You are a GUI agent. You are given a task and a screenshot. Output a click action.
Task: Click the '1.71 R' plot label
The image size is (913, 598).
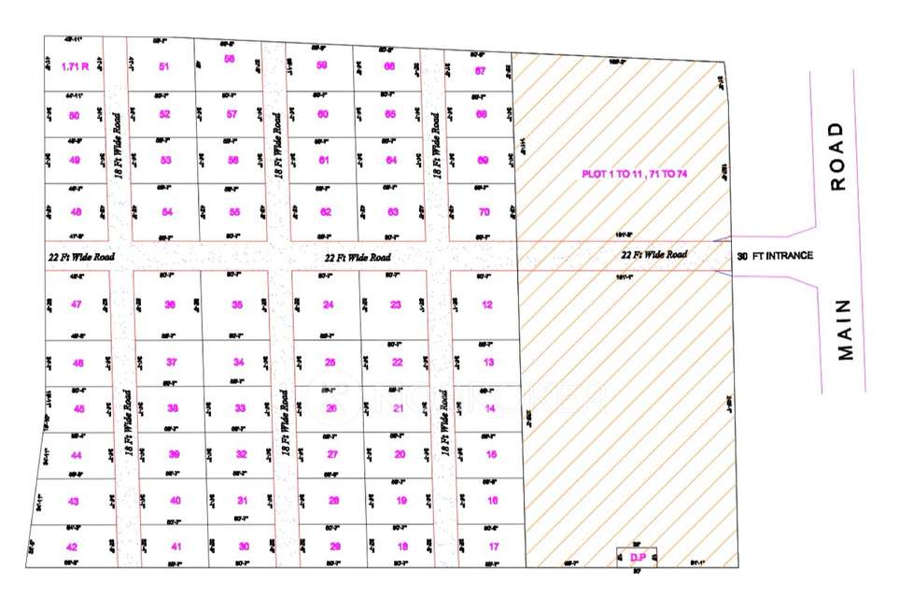click(x=74, y=66)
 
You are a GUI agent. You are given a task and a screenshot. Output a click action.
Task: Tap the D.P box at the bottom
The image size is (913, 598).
click(x=639, y=557)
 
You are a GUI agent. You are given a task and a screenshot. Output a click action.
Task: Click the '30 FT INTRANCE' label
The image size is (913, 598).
click(x=775, y=255)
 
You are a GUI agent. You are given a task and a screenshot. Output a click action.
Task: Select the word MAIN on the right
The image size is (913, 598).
click(x=845, y=329)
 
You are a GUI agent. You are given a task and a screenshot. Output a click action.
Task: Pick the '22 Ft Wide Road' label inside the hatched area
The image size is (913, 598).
click(x=654, y=254)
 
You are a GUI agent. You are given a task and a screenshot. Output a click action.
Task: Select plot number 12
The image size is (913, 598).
click(x=487, y=305)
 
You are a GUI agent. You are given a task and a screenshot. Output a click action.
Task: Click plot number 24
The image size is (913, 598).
click(x=329, y=305)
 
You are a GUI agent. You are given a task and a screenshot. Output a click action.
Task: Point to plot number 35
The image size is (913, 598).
click(x=238, y=305)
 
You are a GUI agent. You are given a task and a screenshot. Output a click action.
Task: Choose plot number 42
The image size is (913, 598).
click(x=72, y=547)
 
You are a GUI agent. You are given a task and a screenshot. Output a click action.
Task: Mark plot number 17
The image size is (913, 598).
click(x=493, y=547)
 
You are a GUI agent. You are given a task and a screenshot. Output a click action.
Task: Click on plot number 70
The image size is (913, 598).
click(x=484, y=211)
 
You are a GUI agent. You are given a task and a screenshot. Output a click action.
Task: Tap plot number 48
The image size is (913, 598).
click(x=76, y=211)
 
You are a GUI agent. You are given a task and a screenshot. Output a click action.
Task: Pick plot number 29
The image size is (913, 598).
click(x=336, y=547)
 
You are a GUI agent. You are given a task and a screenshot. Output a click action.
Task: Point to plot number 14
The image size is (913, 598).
click(x=490, y=408)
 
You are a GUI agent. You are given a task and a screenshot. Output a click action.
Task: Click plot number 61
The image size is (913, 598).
click(x=324, y=160)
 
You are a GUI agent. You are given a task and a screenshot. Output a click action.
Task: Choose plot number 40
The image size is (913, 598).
click(x=176, y=501)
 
